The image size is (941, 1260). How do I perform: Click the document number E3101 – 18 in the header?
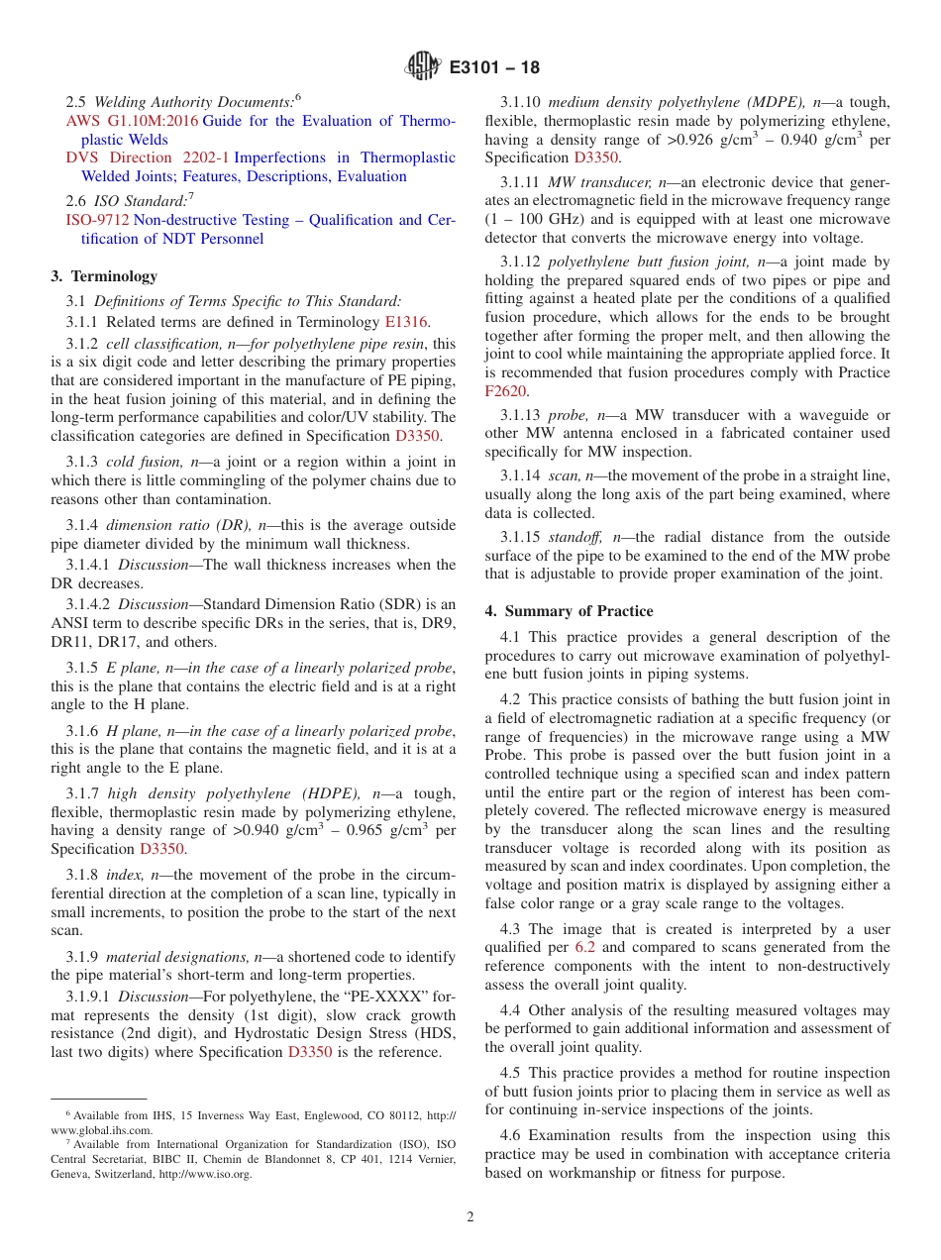pos(494,68)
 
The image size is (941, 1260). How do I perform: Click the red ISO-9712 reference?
pos(97,220)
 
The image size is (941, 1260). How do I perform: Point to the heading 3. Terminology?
pos(104,276)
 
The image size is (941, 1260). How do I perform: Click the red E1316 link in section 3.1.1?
pos(407,321)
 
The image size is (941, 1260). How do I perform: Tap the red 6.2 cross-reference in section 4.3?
pos(586,948)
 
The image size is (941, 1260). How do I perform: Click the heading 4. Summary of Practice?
pos(569,611)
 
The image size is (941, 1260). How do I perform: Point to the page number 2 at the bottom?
pos(470,1217)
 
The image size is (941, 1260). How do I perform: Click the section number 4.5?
pos(511,1073)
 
